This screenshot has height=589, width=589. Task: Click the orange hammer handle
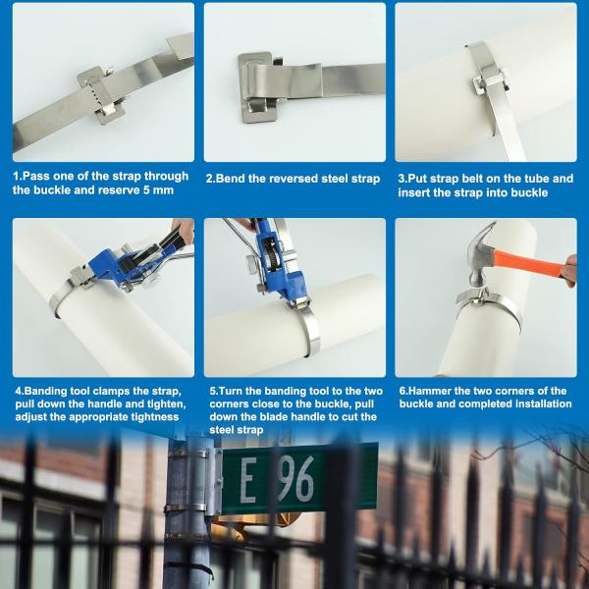point(530,263)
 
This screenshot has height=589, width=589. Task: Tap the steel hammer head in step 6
point(479,255)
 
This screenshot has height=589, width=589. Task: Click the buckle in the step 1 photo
point(100,95)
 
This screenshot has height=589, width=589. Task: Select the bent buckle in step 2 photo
point(259,87)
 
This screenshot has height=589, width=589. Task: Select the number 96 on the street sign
point(296,479)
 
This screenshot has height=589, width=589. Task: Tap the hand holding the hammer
point(570,270)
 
